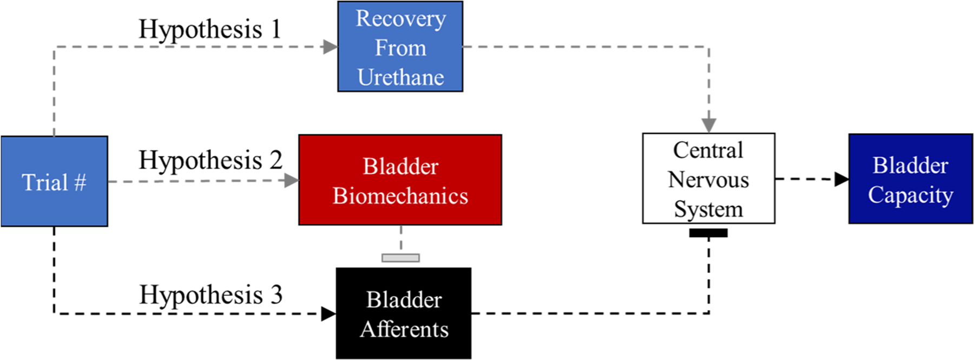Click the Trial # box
[x=54, y=181]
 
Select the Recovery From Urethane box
[x=400, y=47]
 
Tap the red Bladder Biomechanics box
[x=400, y=180]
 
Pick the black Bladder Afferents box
[x=404, y=313]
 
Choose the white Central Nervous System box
[x=708, y=179]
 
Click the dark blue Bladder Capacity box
[x=910, y=179]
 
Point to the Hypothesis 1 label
[x=210, y=29]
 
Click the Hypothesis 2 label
[x=210, y=160]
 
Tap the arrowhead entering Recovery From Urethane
[x=330, y=47]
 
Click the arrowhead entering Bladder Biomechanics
[x=291, y=180]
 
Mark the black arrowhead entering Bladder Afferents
[x=328, y=313]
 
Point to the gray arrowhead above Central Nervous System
[x=709, y=125]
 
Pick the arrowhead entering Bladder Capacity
[x=841, y=179]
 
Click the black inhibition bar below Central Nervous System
[x=708, y=233]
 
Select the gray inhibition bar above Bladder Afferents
[x=400, y=258]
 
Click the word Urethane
[x=400, y=77]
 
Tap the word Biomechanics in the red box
[x=400, y=196]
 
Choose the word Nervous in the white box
[x=708, y=180]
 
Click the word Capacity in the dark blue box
[x=910, y=195]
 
